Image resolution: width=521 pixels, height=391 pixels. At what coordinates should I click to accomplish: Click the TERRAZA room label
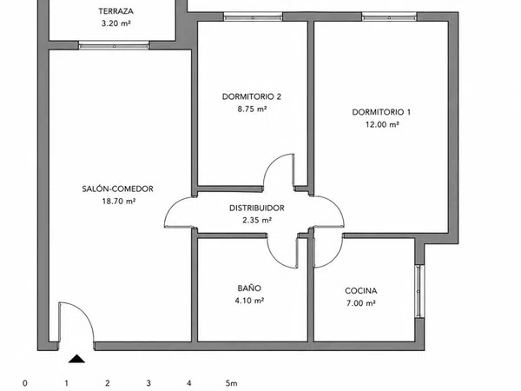[x=116, y=11]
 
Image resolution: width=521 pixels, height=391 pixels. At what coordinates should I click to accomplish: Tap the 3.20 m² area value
[x=116, y=23]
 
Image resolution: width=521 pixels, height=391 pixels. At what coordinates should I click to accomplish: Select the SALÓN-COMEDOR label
[x=117, y=189]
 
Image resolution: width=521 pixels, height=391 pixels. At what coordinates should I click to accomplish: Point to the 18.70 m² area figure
[x=119, y=202]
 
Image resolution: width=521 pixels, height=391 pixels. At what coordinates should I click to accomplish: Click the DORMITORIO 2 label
[x=252, y=96]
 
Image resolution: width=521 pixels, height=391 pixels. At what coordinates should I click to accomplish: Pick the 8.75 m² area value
[x=252, y=109]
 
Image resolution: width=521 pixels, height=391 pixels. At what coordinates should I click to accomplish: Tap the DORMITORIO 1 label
[x=381, y=112]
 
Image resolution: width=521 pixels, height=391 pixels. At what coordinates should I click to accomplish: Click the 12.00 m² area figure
[x=382, y=124]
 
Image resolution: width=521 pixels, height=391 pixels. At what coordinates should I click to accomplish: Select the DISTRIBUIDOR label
[x=257, y=209]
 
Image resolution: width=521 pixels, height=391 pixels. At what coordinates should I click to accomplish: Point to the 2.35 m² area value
[x=257, y=220]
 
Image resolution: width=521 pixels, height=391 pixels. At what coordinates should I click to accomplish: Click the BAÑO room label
[x=249, y=288]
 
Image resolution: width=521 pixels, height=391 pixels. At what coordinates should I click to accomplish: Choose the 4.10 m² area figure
[x=249, y=301]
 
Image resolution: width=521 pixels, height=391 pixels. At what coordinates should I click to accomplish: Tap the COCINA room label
[x=361, y=291]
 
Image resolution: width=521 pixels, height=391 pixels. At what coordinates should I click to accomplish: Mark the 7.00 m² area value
[x=361, y=303]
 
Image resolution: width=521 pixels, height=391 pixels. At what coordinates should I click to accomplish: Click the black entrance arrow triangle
[x=76, y=359]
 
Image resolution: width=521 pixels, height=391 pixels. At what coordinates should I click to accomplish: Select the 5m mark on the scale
[x=231, y=383]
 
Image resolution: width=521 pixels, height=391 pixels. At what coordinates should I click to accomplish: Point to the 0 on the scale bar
[x=25, y=383]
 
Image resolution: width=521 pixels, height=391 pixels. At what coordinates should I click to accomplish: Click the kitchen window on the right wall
[x=419, y=291]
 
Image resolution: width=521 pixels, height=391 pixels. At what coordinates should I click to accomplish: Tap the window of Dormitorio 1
[x=389, y=17]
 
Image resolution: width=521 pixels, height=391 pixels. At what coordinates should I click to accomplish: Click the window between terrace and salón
[x=114, y=45]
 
